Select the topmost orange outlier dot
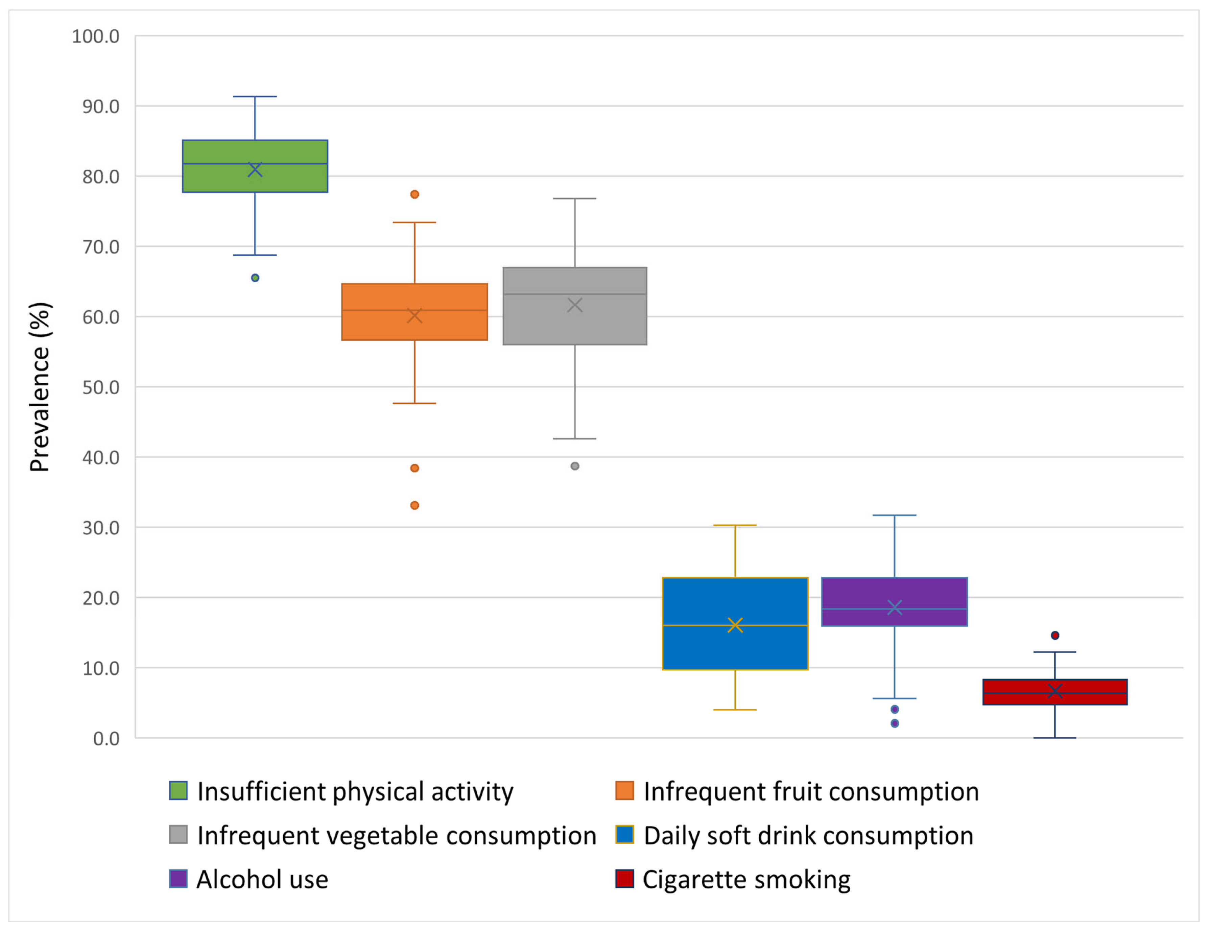(x=414, y=194)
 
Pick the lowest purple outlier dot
(x=895, y=723)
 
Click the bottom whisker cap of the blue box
(x=735, y=710)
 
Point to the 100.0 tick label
(x=96, y=37)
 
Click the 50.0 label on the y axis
(x=101, y=387)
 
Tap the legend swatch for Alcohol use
(x=178, y=879)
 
